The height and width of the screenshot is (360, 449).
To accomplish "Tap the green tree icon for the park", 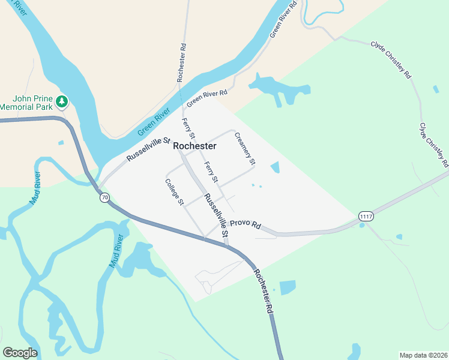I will (x=62, y=102).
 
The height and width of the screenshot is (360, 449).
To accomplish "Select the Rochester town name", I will (x=194, y=146).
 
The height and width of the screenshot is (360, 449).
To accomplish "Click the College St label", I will (x=175, y=192).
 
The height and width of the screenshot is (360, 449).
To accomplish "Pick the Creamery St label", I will (x=245, y=148).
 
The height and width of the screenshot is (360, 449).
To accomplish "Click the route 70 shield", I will (x=105, y=197).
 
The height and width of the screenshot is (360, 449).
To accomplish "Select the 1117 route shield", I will (x=366, y=215).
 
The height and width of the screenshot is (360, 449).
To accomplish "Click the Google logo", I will (x=20, y=353).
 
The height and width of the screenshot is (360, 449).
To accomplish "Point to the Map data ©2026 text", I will (x=423, y=355).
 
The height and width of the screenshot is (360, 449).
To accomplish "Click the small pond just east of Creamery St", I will (x=275, y=167).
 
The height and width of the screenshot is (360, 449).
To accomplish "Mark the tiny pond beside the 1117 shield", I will (x=361, y=226).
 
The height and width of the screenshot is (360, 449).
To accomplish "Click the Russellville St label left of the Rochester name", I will (x=148, y=151).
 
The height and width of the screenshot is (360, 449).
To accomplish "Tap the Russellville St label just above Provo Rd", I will (x=216, y=214).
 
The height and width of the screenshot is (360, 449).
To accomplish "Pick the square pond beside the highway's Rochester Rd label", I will (x=288, y=287).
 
